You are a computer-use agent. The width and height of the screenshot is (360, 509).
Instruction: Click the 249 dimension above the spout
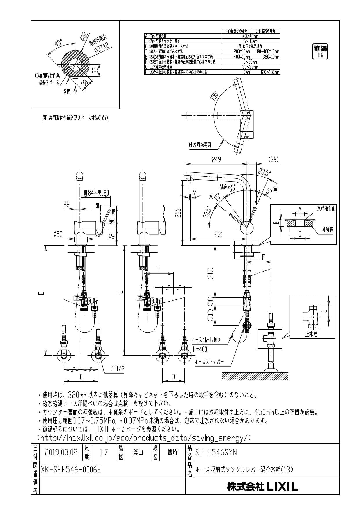click(216, 159)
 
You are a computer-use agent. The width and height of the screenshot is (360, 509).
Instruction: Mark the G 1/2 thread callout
click(118, 369)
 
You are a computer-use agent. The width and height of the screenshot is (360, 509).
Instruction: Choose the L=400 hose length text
click(200, 349)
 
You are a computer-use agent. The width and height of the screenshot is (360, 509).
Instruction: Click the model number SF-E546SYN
click(216, 452)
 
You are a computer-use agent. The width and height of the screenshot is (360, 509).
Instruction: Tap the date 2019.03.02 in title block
click(61, 452)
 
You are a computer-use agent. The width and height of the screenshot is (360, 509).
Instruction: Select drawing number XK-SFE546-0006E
click(71, 469)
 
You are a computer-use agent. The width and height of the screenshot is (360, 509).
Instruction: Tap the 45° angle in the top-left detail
click(59, 43)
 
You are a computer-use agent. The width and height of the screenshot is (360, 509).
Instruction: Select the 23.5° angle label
click(263, 172)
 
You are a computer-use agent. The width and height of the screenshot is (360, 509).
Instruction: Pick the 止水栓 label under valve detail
click(311, 334)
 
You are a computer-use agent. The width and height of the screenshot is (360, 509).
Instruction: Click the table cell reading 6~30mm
click(251, 41)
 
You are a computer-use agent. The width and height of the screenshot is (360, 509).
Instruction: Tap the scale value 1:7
click(103, 452)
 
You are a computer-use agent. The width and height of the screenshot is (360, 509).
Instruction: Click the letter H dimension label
click(159, 269)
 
